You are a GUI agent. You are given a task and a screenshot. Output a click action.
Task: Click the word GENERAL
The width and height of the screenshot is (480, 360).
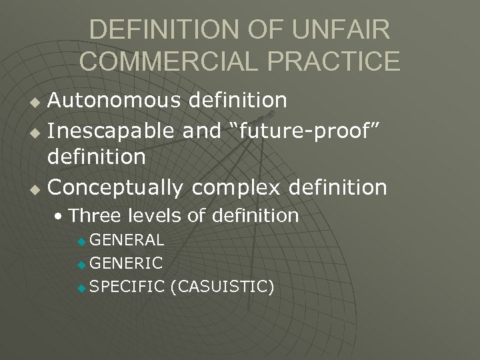[x=127, y=239]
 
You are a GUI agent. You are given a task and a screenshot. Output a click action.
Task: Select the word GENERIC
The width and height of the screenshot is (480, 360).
[x=125, y=263]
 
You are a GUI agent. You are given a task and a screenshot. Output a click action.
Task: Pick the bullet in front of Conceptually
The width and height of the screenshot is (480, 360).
[x=37, y=189]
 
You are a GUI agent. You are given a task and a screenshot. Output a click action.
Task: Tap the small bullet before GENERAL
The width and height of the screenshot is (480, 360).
[x=81, y=241]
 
